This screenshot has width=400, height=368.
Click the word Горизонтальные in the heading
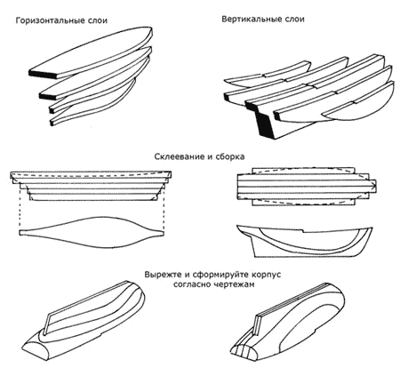click(51, 20)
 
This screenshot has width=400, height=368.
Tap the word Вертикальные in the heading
click(252, 20)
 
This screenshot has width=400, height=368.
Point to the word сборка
click(229, 156)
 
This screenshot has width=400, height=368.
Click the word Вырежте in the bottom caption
click(163, 275)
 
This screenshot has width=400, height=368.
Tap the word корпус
click(266, 275)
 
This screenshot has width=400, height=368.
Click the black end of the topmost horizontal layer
click(43, 74)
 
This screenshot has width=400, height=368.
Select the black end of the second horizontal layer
click(47, 95)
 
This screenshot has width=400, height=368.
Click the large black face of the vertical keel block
click(265, 125)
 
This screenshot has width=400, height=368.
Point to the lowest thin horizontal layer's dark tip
click(52, 122)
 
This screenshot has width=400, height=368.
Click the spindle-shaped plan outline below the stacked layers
click(92, 232)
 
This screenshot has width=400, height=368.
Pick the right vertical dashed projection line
click(164, 207)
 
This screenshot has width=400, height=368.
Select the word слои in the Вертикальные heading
click(295, 20)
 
